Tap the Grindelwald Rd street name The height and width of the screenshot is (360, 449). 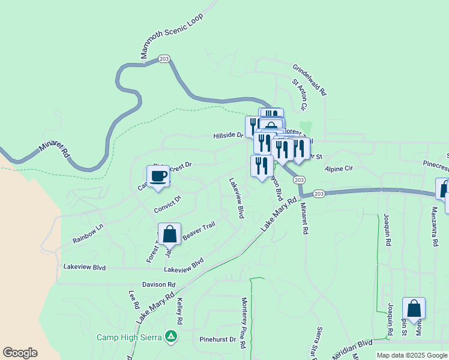pos(309,80)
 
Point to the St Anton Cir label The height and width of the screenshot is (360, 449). pos(300,95)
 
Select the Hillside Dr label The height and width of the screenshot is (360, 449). pos(228,136)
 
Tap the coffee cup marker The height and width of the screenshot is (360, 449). pos(158,176)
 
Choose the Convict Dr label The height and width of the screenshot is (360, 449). pos(167,205)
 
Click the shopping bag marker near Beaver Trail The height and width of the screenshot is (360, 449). pos(169,234)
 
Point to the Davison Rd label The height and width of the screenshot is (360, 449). pos(158,284)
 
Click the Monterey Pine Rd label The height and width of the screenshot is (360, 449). pos(244,322)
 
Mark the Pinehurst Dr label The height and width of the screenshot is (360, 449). pos(218,340)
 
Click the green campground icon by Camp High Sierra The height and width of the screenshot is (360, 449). pos(172,337)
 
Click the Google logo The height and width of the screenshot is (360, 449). pos(20,353)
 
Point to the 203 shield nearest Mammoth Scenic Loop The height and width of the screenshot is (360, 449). pos(164,59)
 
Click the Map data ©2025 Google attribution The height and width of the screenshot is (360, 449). pos(412,355)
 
